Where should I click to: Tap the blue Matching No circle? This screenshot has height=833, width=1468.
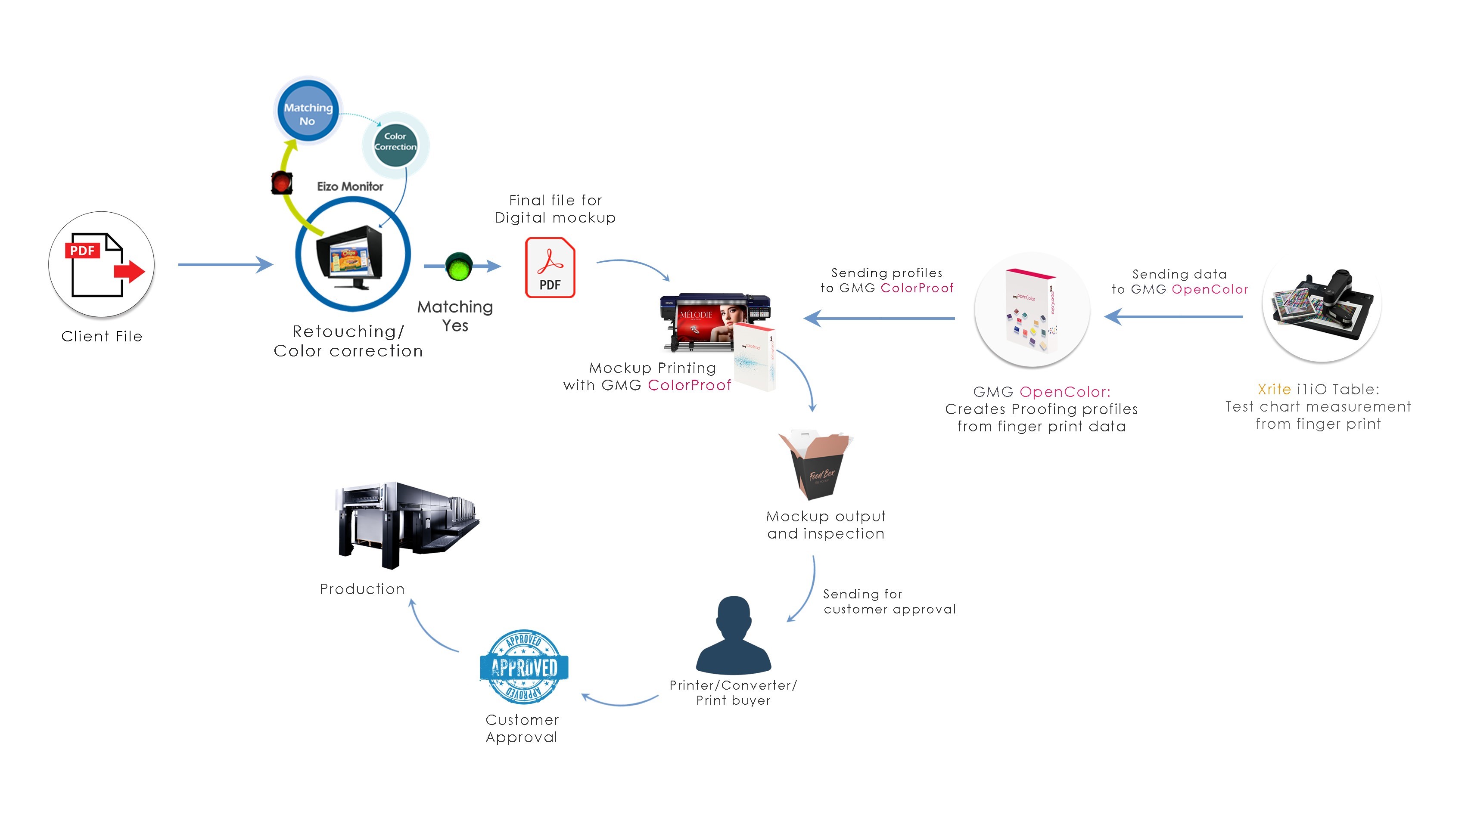click(308, 111)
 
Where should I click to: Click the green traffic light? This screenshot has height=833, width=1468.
click(459, 266)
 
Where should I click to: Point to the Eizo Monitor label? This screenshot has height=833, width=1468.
click(350, 186)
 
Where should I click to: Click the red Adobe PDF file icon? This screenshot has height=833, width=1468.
click(550, 268)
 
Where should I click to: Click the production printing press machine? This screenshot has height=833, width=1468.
click(408, 525)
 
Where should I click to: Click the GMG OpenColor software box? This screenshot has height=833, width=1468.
click(1032, 310)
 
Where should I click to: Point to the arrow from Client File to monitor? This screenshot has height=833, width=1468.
click(225, 264)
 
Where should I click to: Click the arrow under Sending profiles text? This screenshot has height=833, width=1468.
click(879, 318)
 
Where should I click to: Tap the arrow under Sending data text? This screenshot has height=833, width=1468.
click(1173, 316)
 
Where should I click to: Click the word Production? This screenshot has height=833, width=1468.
click(362, 589)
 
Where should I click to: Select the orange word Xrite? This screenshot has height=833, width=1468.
click(1274, 389)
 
